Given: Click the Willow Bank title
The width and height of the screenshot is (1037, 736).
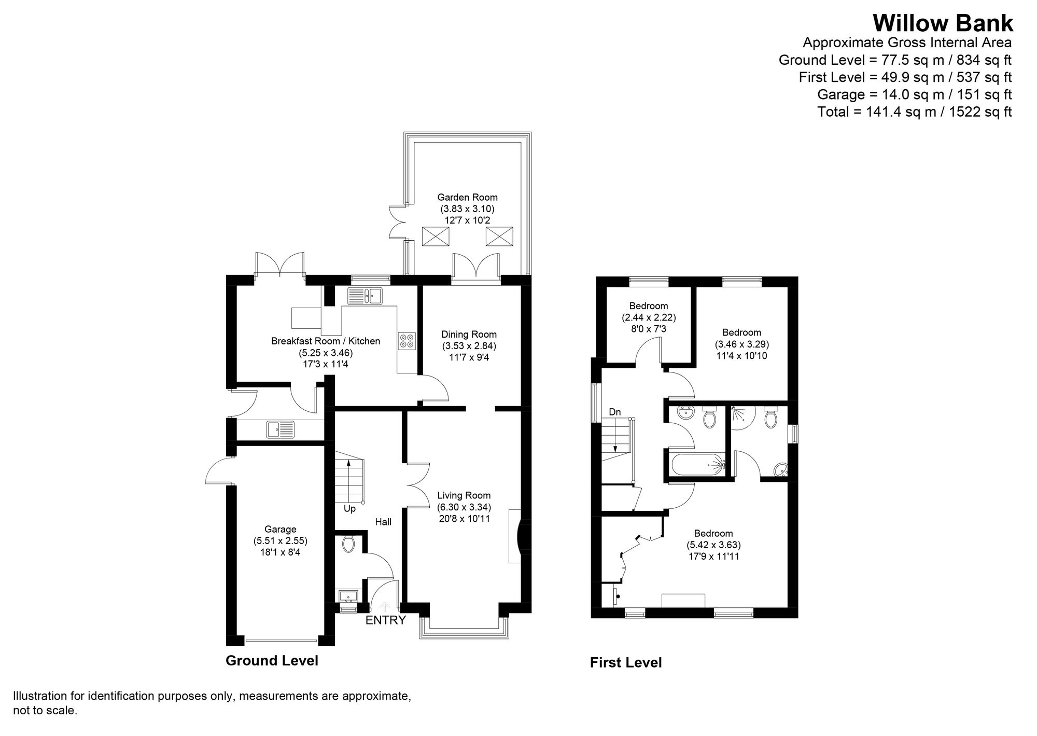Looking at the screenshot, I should (x=942, y=24).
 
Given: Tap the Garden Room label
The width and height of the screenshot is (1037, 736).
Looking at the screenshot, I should (x=467, y=197).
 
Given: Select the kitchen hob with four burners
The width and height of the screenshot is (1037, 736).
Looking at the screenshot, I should (x=407, y=340).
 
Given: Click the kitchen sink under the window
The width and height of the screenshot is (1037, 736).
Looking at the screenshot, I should (x=365, y=296).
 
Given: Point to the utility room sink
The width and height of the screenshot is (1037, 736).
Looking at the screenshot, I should (x=281, y=429).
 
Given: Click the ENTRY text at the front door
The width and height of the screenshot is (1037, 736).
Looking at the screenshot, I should (x=385, y=620).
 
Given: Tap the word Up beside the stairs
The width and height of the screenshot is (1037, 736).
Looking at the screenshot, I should (x=349, y=509).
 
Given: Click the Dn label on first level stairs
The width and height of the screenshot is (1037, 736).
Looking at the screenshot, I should (x=614, y=412).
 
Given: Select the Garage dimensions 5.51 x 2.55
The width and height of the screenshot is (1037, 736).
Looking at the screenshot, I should (x=280, y=541).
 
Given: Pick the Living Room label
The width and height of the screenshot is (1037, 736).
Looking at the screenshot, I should (x=464, y=495).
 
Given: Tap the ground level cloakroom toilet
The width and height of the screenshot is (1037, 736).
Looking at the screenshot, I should (x=348, y=544).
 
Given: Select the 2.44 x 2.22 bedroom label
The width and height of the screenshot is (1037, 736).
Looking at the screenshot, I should (x=648, y=317).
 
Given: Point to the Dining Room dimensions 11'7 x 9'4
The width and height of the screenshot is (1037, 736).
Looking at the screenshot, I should (x=469, y=357).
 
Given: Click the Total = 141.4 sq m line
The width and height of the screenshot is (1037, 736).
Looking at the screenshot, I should (x=914, y=112).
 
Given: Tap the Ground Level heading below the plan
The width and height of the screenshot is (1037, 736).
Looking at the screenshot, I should (x=272, y=660).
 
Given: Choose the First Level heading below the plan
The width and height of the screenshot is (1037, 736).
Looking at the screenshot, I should (x=626, y=662).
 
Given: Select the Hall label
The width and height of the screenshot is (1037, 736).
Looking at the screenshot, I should (x=383, y=522).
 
